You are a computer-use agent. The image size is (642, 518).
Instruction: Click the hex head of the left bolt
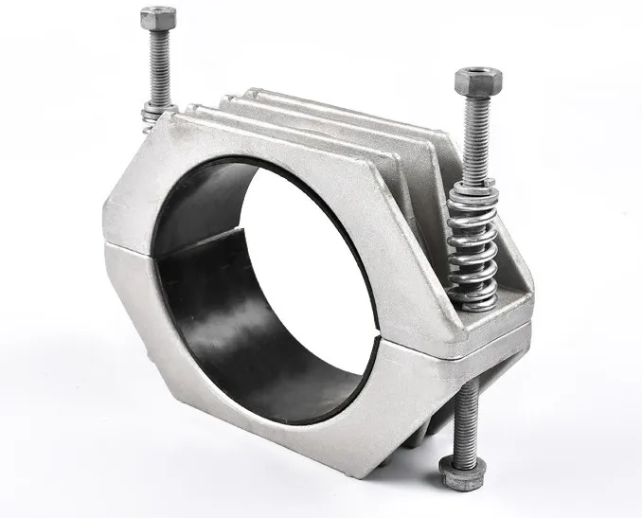pyautogui.click(x=158, y=17)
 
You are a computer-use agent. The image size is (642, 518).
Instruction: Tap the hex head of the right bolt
pyautogui.click(x=470, y=80)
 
